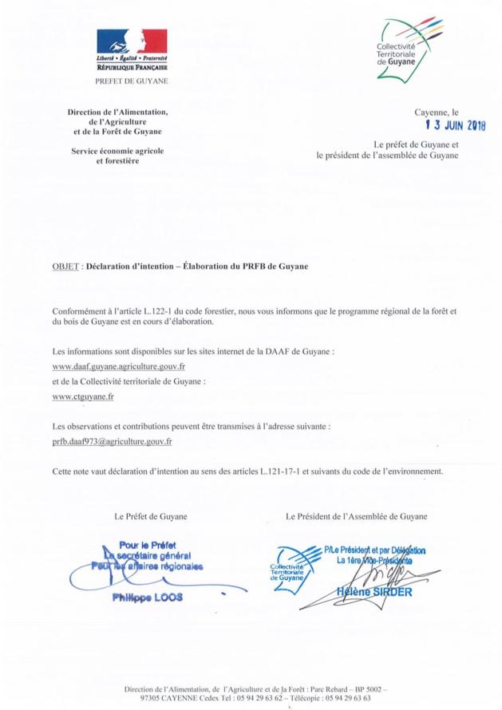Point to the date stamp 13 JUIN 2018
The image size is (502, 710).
[x=455, y=125]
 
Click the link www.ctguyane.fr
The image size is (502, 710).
[x=82, y=395]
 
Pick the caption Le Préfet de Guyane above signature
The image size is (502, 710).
[x=151, y=517]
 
